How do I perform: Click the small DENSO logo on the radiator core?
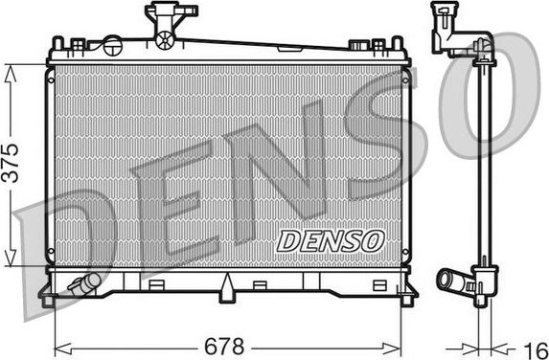(330, 241)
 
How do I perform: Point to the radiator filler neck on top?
(163, 21)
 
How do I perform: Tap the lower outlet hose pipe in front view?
(83, 283)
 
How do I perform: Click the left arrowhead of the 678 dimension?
(58, 344)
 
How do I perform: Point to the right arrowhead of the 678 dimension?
(402, 344)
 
